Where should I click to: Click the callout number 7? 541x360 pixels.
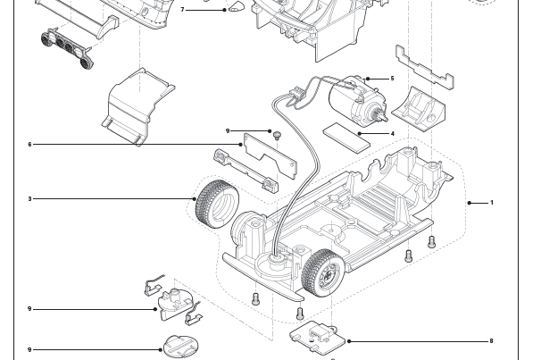(x=183, y=10)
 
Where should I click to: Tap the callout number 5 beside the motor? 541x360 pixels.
(x=391, y=79)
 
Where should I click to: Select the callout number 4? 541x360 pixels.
(x=392, y=134)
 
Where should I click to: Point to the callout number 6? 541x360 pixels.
(x=29, y=144)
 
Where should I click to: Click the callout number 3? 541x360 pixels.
(x=29, y=198)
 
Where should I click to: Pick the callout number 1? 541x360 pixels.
(x=492, y=203)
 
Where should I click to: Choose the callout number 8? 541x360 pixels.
(x=491, y=340)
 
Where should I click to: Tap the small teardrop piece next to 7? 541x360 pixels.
(x=237, y=9)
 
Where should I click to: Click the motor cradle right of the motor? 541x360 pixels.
(x=420, y=106)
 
